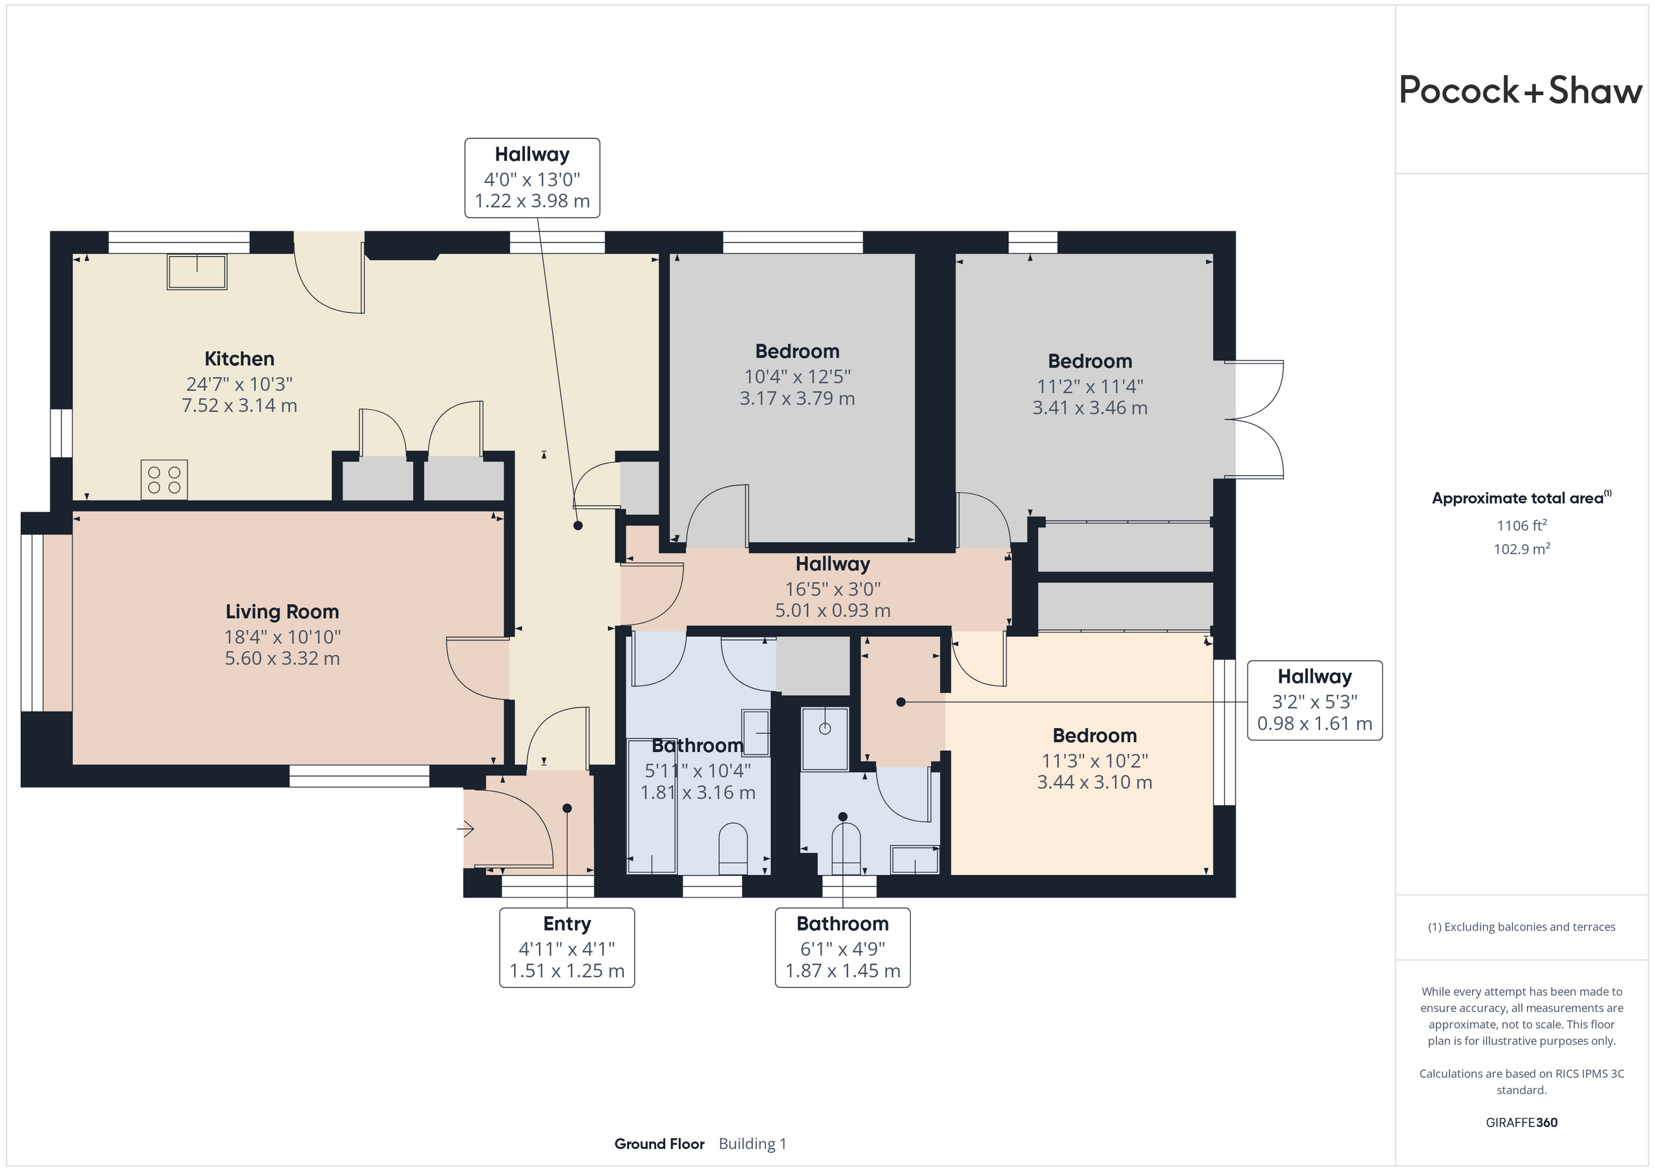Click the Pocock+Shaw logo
1521,91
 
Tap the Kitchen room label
239,358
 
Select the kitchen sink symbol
197,272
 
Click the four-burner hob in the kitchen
164,480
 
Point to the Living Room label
282,612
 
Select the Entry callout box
567,947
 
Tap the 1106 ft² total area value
1522,525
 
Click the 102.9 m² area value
1522,549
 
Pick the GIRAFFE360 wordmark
1522,1122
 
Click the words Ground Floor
659,1144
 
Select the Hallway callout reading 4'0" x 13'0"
533,178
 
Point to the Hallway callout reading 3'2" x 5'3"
1315,700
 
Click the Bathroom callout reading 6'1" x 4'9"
842,947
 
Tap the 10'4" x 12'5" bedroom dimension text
797,376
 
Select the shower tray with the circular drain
826,738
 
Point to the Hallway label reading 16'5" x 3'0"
833,564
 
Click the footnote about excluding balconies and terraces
1522,927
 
